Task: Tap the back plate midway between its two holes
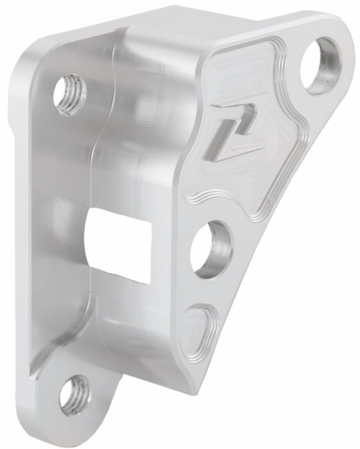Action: click(60, 241)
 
